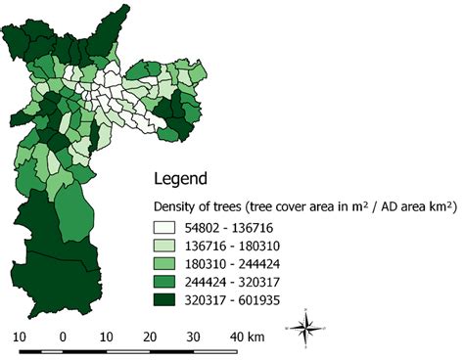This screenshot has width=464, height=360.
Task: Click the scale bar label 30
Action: pyautogui.click(x=194, y=337)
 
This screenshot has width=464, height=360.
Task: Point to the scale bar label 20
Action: pyautogui.click(x=150, y=337)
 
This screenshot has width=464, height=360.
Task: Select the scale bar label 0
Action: pyautogui.click(x=63, y=337)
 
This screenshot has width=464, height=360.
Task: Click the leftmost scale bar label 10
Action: pyautogui.click(x=19, y=337)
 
